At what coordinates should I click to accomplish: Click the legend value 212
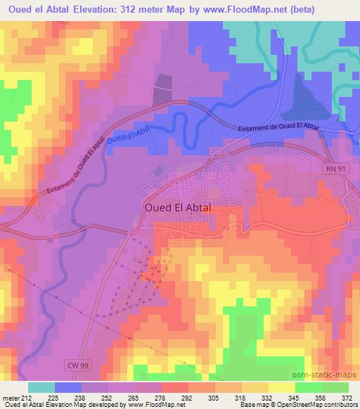point(27,398)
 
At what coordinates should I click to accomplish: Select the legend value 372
point(348,398)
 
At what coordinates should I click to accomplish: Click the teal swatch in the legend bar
point(41,387)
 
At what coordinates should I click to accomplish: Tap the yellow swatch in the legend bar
point(281,387)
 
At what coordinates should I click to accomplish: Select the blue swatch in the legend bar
point(68,387)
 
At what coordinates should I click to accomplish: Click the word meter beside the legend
point(11,398)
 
